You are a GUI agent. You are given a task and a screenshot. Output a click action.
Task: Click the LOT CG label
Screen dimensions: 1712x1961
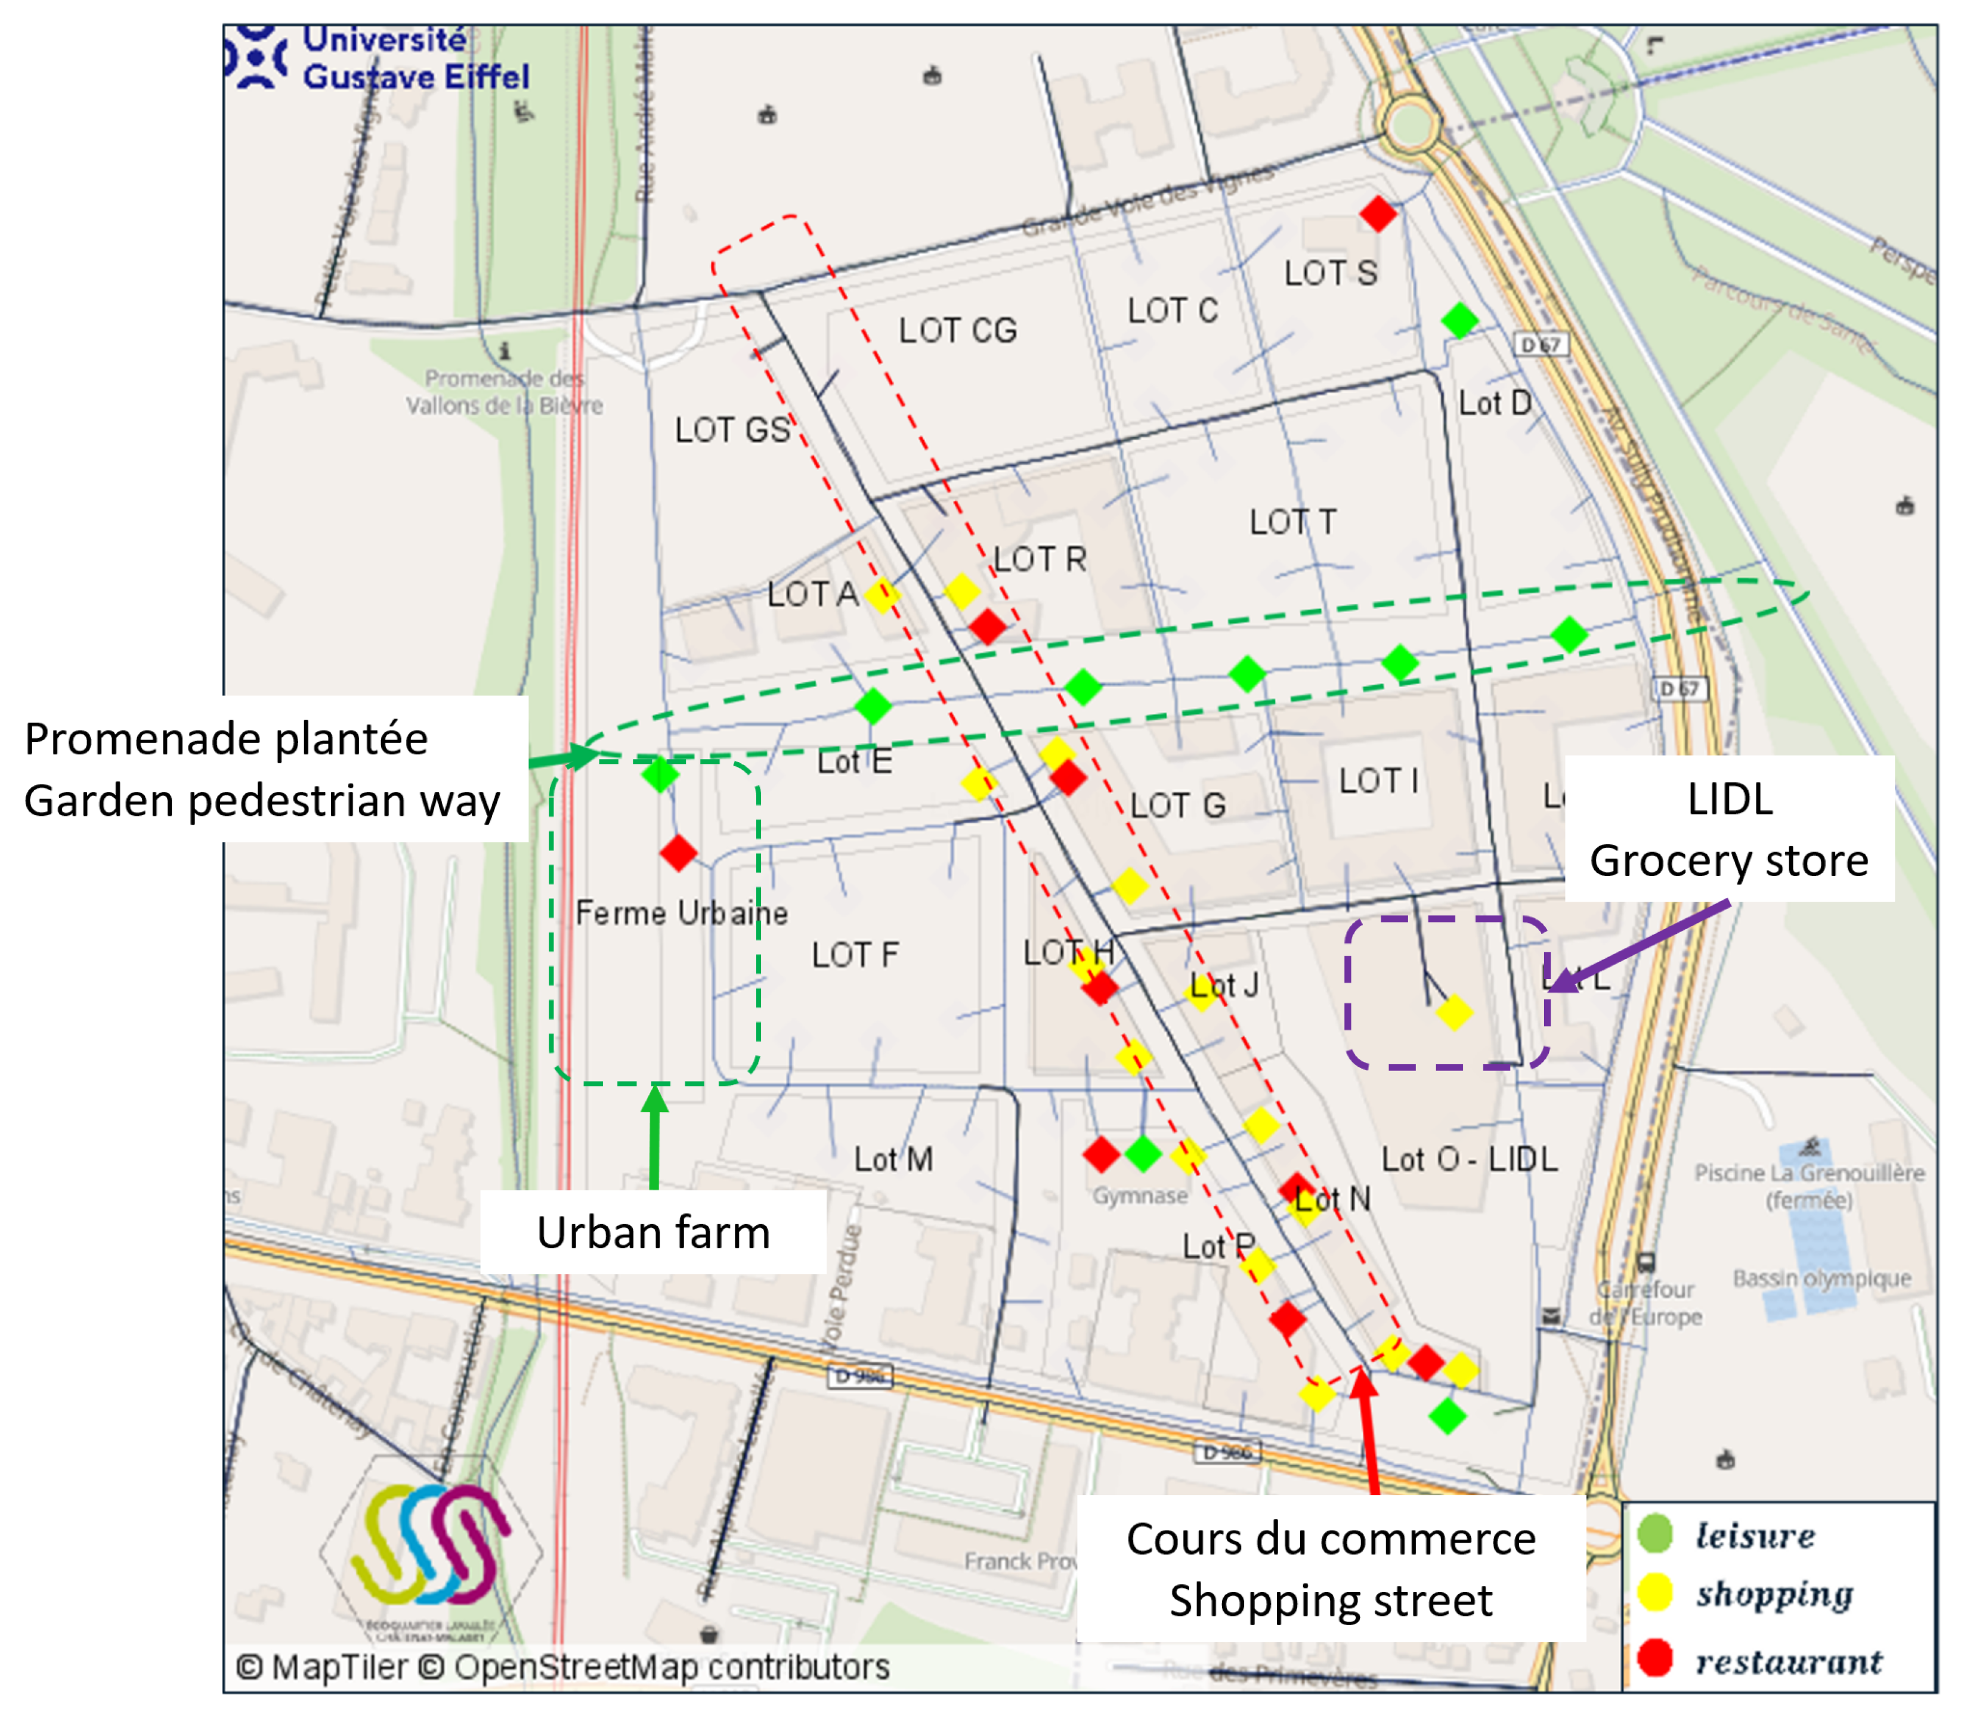pos(958,330)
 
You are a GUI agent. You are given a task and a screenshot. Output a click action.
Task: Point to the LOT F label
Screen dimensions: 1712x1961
pos(855,955)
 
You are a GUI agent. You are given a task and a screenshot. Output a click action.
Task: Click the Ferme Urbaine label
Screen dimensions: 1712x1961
pos(681,914)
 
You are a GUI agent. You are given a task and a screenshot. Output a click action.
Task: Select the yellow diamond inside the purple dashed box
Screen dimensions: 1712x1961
pos(1453,1012)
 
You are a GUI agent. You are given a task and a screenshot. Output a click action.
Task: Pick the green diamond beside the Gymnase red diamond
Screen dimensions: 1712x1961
pos(1143,1154)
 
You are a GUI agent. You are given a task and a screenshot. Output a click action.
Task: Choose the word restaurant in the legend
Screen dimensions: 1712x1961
pos(1789,1663)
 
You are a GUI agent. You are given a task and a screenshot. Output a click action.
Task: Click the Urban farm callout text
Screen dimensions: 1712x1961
pos(654,1233)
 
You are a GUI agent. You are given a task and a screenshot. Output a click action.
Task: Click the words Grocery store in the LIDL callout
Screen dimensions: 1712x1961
pos(1729,861)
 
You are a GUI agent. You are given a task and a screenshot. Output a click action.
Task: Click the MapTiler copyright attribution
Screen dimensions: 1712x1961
pos(563,1667)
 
